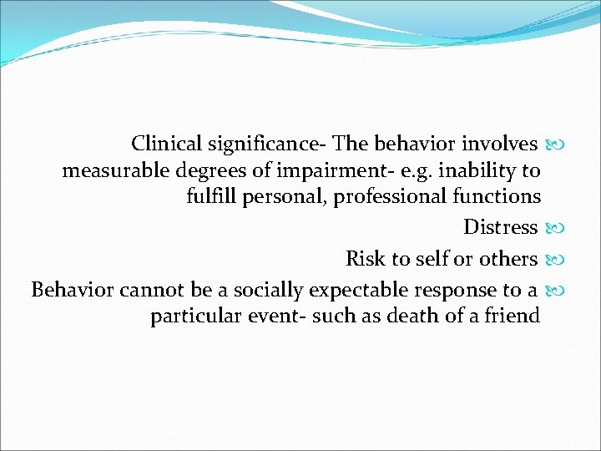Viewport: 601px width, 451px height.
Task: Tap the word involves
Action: (498, 144)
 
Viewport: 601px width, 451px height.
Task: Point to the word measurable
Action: (115, 171)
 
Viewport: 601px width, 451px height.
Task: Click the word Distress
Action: (500, 227)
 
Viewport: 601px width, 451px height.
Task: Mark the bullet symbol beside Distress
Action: (554, 228)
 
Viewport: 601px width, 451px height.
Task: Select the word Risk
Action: (365, 259)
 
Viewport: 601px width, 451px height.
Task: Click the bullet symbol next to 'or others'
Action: (554, 260)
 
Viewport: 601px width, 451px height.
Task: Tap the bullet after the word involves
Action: (554, 144)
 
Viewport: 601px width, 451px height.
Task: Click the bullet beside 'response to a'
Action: (554, 291)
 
